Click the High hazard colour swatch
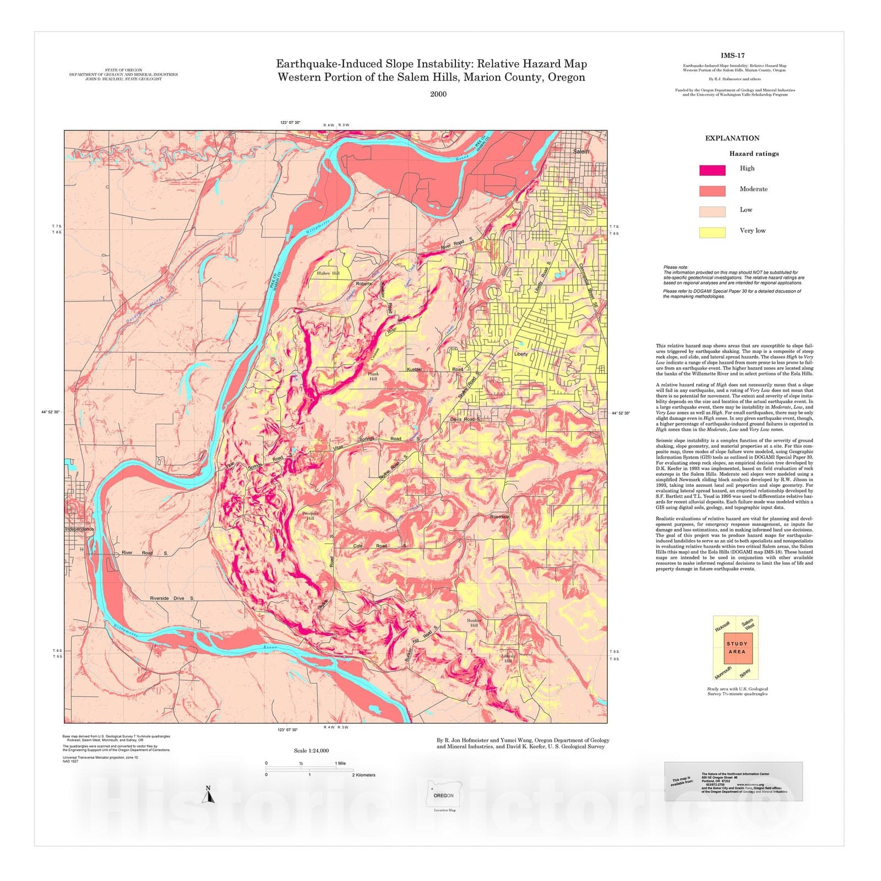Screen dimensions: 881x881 coord(712,170)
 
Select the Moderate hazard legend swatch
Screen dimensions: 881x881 coord(712,191)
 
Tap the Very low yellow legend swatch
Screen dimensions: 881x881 coord(712,232)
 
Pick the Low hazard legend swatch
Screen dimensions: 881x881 coord(712,211)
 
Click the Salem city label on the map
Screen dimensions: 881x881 coord(580,151)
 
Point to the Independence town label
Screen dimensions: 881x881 coord(79,529)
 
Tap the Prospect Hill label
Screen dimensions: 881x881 coord(310,515)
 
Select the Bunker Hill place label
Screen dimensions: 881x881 coord(474,623)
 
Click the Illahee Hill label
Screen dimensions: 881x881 coord(328,273)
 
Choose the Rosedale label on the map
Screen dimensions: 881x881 coord(500,517)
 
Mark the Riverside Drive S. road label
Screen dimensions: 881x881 coord(172,598)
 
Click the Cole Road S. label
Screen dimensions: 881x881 coord(380,546)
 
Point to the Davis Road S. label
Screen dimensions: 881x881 coord(465,420)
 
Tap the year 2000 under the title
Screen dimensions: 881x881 coord(438,94)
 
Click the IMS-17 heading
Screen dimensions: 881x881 coord(732,56)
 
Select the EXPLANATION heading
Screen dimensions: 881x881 coord(732,138)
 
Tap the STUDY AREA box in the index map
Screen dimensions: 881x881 coord(737,648)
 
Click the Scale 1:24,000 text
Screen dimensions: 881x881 coord(311,751)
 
